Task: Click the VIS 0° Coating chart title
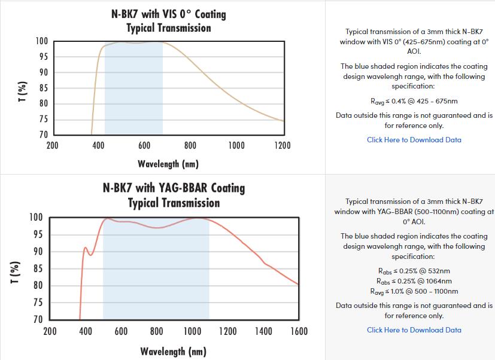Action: [x=169, y=20]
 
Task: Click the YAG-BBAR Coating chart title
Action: [x=174, y=195]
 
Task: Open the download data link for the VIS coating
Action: [x=414, y=140]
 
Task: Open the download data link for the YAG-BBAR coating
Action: [x=414, y=330]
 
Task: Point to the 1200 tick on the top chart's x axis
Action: [x=282, y=145]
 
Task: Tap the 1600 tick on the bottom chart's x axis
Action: [x=299, y=331]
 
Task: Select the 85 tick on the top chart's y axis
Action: [x=42, y=89]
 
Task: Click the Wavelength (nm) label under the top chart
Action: [x=168, y=164]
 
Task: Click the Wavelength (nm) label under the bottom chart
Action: [x=173, y=351]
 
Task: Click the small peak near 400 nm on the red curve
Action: [x=85, y=247]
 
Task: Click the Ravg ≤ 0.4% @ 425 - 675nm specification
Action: [x=414, y=101]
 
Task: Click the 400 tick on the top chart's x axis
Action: [x=98, y=145]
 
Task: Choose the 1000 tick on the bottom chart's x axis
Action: [x=192, y=331]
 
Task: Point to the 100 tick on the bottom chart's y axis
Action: [x=35, y=217]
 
